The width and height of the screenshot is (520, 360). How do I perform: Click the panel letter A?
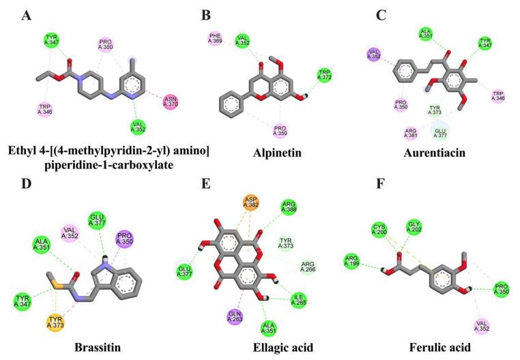(x=27, y=15)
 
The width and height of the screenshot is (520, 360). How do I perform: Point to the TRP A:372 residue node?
(x=324, y=75)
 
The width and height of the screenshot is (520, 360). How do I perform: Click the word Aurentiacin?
(x=439, y=153)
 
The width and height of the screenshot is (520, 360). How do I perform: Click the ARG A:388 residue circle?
(x=288, y=207)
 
